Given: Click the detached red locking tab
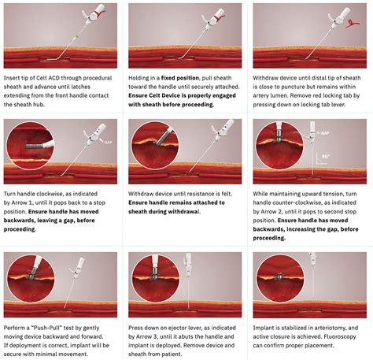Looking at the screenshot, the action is (353, 23).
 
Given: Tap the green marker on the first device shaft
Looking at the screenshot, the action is (77, 35).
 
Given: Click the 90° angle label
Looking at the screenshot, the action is (325, 157).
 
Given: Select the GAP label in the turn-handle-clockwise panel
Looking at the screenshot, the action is (109, 143).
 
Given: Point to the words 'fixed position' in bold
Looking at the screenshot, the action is (180, 78).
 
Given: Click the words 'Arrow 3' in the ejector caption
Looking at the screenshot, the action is (147, 336).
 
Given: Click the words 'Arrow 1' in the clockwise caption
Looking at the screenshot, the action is (22, 202).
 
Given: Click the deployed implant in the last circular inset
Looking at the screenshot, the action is (280, 276).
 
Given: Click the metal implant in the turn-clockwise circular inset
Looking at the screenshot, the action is (34, 145).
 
